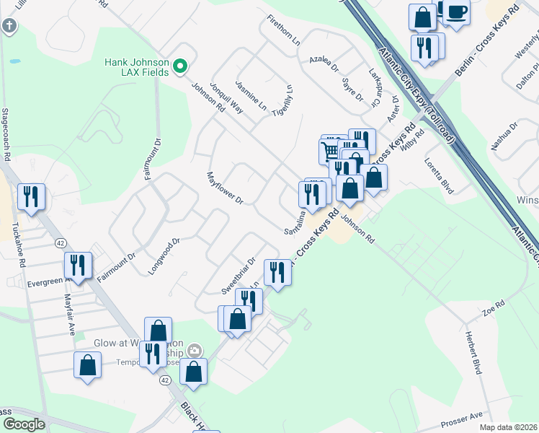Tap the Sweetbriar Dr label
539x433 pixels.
(239, 276)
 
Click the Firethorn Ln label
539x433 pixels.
(282, 30)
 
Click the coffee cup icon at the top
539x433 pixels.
(455, 12)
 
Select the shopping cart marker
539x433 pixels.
(329, 150)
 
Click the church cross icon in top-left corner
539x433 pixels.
(9, 27)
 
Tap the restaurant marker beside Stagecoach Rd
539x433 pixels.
(31, 196)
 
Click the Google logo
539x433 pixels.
(24, 424)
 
